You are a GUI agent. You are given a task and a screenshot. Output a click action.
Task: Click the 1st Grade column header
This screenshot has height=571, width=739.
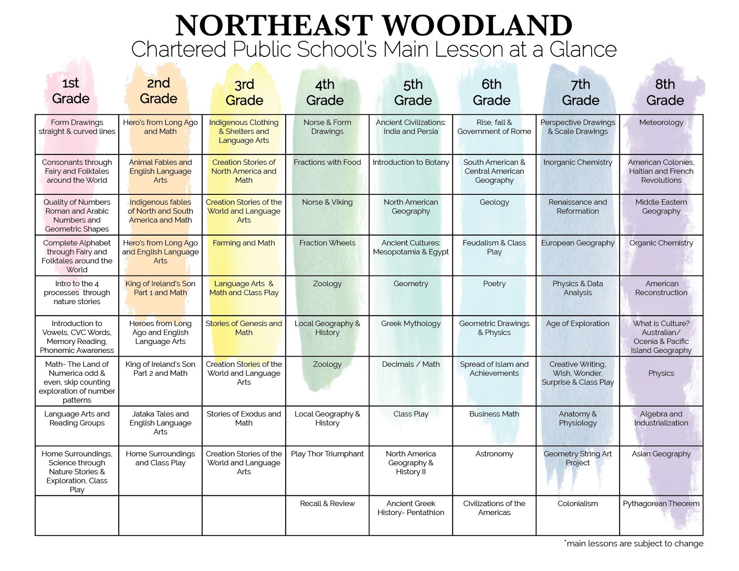tap(71, 91)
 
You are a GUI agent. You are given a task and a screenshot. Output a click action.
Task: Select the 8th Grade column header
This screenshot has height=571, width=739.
tap(665, 92)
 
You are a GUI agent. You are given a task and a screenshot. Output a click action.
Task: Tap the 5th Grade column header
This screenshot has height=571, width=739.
tap(412, 92)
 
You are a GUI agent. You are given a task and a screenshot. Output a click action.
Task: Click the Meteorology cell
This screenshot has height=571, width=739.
tap(661, 123)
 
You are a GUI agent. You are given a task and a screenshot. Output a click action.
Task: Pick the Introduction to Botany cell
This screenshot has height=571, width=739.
tap(411, 163)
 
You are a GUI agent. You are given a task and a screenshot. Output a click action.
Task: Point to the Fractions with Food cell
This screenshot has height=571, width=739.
tap(327, 163)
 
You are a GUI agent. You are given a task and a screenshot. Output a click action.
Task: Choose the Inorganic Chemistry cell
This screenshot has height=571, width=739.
tap(577, 163)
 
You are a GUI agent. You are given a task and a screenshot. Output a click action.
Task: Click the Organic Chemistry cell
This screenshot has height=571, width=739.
tap(661, 243)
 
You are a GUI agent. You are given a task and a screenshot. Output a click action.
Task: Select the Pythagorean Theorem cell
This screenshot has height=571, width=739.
tap(661, 504)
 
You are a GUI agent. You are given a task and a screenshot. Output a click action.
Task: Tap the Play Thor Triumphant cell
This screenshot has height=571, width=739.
tap(327, 454)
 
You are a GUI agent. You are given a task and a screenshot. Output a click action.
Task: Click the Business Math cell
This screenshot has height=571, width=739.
tap(494, 414)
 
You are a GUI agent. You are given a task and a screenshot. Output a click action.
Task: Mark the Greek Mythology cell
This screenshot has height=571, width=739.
tap(411, 324)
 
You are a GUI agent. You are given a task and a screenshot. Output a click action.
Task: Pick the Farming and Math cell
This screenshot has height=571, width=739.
tap(244, 243)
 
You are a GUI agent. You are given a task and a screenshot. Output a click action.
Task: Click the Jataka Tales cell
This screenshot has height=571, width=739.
tap(160, 423)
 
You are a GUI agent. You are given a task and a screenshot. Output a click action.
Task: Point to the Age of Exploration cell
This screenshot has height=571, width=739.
tap(577, 324)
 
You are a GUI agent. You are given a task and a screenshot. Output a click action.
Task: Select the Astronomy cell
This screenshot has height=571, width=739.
tap(494, 454)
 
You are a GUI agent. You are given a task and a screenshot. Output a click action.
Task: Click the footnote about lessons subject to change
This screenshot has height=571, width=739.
tap(633, 544)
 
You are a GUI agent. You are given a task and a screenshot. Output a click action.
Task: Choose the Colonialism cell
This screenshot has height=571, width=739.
tap(577, 504)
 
